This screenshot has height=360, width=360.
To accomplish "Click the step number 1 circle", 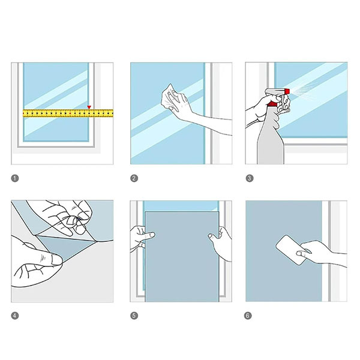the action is pos(15,178).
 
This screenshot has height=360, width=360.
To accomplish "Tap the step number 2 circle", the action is pos(134,178).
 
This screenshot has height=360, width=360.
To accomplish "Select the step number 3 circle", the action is pos(250,178).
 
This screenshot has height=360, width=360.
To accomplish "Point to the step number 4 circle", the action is pos(15,316).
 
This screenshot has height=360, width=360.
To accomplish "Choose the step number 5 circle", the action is pos(134,316).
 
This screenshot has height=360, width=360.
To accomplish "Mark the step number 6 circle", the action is pos(248,316).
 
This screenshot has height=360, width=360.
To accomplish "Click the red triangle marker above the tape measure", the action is pos(89,107).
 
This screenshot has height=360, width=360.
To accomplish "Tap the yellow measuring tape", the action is pos(68,113).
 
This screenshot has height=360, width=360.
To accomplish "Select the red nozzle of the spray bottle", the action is pos(287,92).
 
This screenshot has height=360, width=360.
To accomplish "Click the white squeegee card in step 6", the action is pos(291,250).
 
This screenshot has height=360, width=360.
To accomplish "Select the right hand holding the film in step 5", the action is pos(220,242).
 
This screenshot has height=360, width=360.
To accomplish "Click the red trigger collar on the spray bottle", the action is pos(273,104).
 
